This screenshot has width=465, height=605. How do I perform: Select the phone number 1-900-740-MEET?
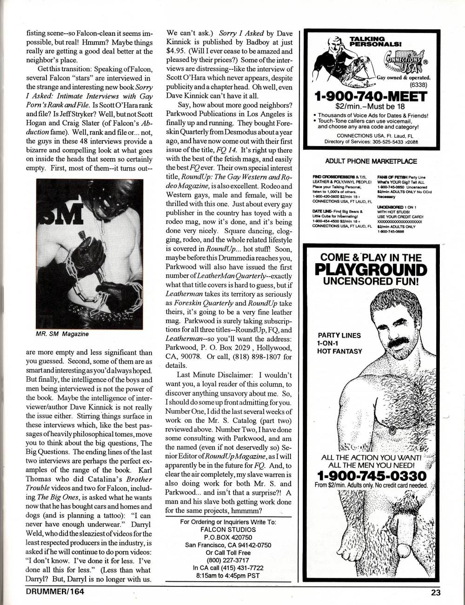click(x=370, y=97)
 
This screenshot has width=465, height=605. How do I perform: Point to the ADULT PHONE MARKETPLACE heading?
click(x=370, y=161)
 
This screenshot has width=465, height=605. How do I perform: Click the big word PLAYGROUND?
click(x=370, y=270)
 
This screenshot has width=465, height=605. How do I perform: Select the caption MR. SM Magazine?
click(x=62, y=334)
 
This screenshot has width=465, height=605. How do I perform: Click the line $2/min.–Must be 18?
click(x=370, y=107)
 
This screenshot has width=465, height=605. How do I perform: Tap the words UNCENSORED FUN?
click(x=370, y=281)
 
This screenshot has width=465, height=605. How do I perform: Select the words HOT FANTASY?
click(x=339, y=351)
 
